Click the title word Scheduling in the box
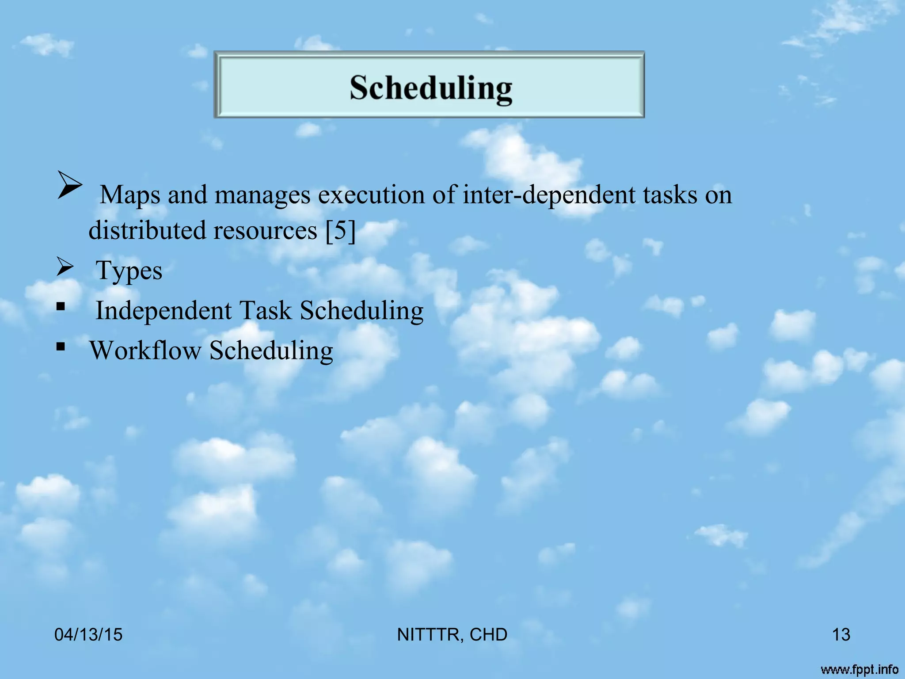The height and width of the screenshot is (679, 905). coord(431,88)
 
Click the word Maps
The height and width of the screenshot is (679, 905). coord(129,195)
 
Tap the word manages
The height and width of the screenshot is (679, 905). coord(262,195)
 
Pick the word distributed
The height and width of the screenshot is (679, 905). coord(147,230)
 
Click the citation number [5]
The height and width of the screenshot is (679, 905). coord(340,230)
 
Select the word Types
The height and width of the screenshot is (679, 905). coord(129,271)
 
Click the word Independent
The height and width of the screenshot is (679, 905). coord(164,310)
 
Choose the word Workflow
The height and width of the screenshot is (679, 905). coord(145,351)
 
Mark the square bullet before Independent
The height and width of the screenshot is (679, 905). coord(61,306)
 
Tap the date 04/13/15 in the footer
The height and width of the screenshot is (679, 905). coord(88,635)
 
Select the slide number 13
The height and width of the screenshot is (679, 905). coord(841,635)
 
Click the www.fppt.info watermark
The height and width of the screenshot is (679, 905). coord(859,670)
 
